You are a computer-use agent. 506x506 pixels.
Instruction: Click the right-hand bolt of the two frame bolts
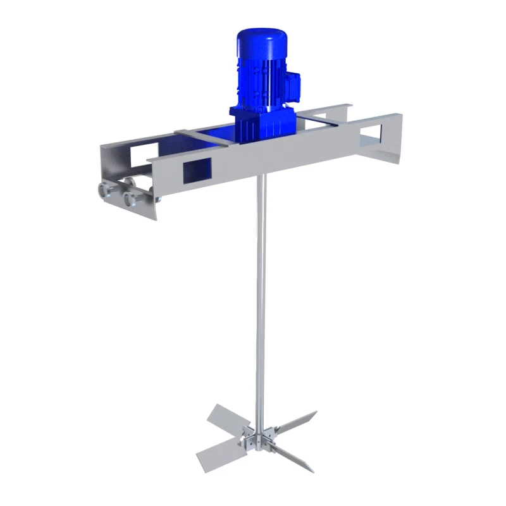[x=132, y=199]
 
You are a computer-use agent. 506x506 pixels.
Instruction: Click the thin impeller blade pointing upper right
[x=297, y=421]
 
